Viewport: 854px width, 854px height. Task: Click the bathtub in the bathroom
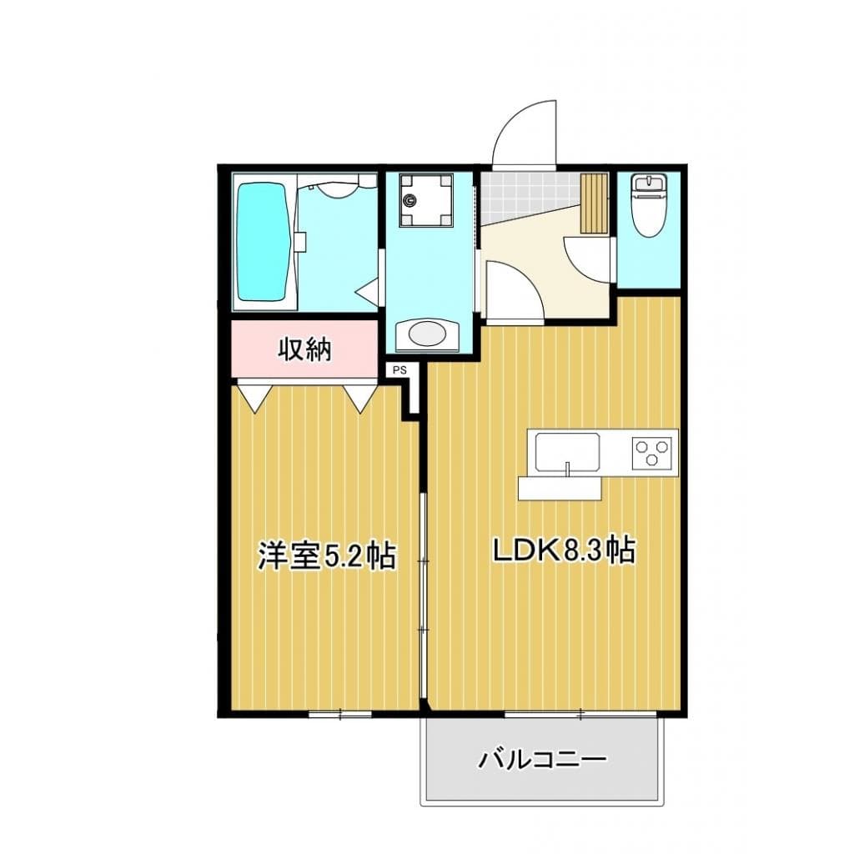(x=264, y=242)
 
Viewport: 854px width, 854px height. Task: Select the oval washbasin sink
(x=427, y=334)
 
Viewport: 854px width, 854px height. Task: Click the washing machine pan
(x=424, y=200)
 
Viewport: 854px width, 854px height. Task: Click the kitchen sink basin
(x=567, y=452)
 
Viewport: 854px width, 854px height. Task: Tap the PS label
(x=399, y=369)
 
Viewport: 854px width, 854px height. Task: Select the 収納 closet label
(x=304, y=349)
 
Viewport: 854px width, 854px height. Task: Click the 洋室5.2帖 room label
(x=325, y=556)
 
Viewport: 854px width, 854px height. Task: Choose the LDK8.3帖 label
(x=564, y=550)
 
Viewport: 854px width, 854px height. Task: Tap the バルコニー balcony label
(x=541, y=760)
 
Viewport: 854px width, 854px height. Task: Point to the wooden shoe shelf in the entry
(x=595, y=203)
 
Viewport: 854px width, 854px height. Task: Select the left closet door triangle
(x=254, y=394)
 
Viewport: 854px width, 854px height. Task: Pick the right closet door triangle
(x=361, y=394)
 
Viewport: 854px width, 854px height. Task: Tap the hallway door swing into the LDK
(x=510, y=292)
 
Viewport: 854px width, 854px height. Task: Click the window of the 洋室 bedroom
(x=339, y=713)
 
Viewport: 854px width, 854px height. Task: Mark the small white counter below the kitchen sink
(x=559, y=488)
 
